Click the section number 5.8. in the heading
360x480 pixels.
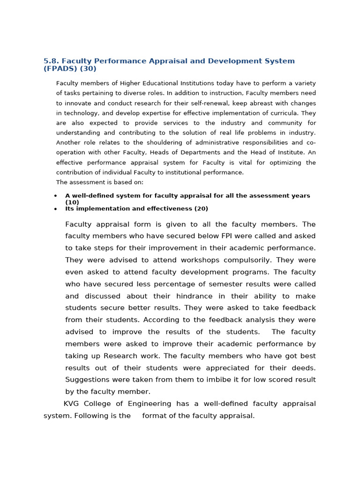click(x=51, y=61)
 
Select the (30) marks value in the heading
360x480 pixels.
click(x=88, y=69)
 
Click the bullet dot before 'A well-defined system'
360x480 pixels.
click(x=56, y=196)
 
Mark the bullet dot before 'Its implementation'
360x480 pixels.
click(x=56, y=209)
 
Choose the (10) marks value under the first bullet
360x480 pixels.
click(x=72, y=202)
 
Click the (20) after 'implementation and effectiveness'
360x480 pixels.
click(x=201, y=209)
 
